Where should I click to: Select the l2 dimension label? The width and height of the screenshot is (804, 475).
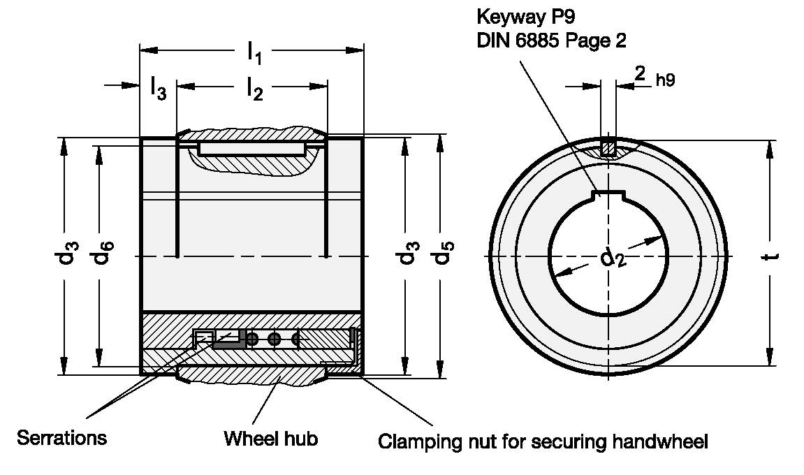coord(254,89)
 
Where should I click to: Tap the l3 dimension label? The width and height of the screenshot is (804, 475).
coord(158,89)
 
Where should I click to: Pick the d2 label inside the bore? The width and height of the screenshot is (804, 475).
coord(613,259)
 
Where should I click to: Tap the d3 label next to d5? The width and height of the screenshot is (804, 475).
coord(407,255)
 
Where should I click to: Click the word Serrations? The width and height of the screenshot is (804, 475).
coord(62,438)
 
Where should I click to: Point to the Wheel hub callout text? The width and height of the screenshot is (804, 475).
coord(271,439)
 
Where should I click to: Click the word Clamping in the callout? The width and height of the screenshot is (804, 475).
coord(410,441)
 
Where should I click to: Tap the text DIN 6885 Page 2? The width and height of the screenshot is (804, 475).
coord(551,41)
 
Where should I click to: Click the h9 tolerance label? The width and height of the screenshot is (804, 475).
coord(665,80)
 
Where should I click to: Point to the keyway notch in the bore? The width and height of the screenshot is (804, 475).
coord(608,196)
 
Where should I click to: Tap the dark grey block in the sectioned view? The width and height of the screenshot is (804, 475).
coord(228,342)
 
